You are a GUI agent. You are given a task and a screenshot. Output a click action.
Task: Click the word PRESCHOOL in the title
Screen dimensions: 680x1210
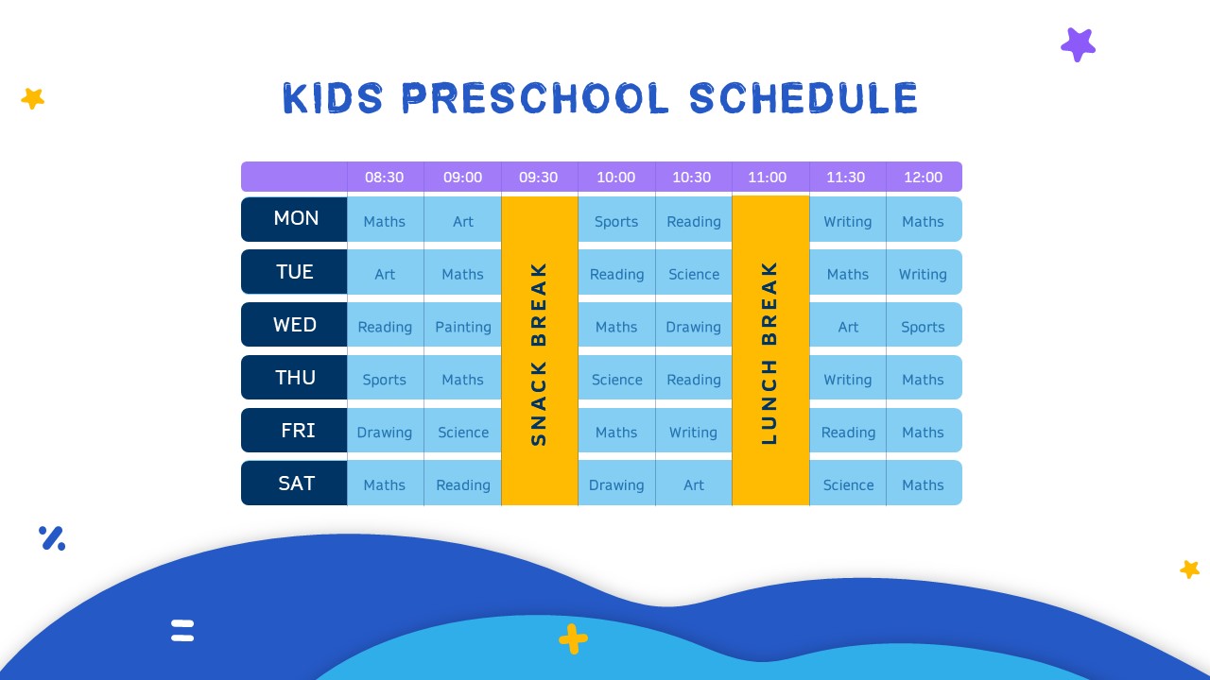click(536, 99)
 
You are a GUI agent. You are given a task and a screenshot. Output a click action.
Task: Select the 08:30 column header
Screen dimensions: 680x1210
click(385, 177)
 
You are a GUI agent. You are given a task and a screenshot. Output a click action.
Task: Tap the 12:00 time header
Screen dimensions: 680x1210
click(923, 177)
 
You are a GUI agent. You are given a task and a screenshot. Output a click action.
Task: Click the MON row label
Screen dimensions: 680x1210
click(295, 218)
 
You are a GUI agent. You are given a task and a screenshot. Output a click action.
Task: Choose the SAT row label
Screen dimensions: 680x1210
click(295, 484)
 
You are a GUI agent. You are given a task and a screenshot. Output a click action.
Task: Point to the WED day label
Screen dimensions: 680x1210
click(295, 325)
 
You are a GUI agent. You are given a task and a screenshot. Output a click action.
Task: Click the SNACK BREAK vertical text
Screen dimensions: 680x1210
click(539, 352)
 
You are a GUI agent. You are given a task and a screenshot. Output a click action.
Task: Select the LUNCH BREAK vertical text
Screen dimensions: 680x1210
click(769, 352)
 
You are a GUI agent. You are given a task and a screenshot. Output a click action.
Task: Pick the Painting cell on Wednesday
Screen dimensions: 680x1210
click(462, 327)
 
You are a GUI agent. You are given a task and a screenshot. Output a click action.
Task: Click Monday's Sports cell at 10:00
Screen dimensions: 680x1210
click(616, 221)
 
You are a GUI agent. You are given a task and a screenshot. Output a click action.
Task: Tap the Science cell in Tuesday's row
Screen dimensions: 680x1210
click(694, 274)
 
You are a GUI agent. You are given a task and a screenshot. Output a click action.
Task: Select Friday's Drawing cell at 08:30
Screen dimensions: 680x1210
click(385, 433)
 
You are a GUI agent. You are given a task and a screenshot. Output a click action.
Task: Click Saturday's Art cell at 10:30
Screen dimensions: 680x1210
click(694, 484)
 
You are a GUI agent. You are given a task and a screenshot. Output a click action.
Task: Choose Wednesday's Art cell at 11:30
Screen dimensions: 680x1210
click(848, 327)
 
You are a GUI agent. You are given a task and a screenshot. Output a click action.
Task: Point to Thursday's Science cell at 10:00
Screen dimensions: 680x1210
click(616, 380)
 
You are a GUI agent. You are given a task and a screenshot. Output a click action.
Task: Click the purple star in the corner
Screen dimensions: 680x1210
click(1078, 44)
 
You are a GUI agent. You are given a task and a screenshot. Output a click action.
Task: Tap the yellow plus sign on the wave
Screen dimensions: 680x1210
click(573, 639)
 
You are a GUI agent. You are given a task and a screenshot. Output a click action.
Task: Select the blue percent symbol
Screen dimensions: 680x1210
click(52, 538)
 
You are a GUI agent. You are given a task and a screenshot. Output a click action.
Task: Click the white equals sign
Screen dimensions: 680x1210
click(182, 630)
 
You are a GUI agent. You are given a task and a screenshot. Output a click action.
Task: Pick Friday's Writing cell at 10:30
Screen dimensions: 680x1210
click(694, 433)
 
